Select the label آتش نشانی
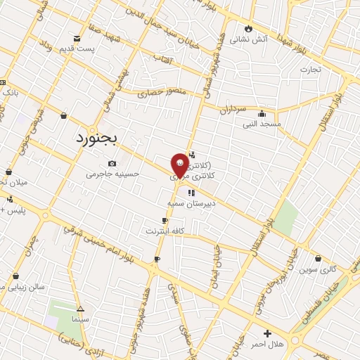click(x=252, y=39)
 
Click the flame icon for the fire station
click(x=247, y=28)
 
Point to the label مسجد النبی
click(x=262, y=124)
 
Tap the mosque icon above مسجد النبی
click(x=262, y=113)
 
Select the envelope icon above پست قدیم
click(x=77, y=37)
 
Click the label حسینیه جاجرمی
click(x=113, y=174)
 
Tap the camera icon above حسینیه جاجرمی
click(x=112, y=163)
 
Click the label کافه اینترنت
click(x=165, y=230)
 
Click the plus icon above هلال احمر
click(x=266, y=333)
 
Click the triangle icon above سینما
click(x=80, y=309)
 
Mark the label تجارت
click(x=310, y=70)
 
